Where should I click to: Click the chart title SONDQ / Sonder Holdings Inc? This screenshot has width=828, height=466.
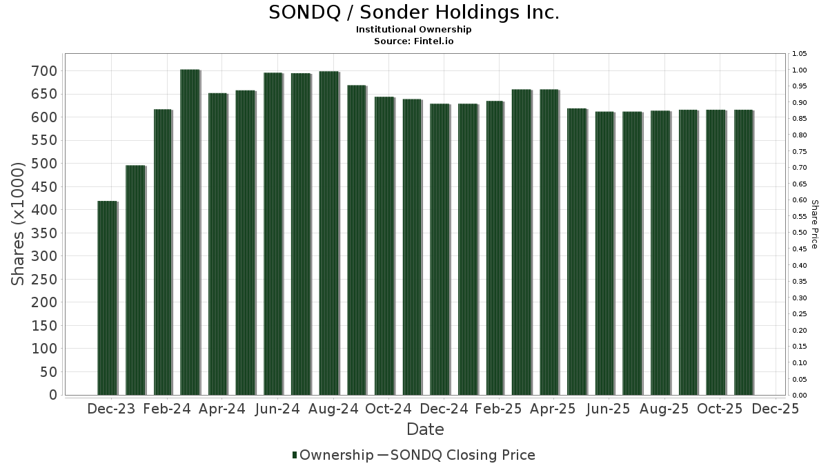click(x=413, y=12)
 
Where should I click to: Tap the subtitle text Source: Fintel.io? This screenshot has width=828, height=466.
click(x=413, y=41)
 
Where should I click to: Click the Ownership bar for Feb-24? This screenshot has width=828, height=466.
click(x=162, y=252)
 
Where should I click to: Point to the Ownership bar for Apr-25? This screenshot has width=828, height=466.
click(x=549, y=242)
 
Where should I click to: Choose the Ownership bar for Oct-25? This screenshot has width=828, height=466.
click(x=716, y=253)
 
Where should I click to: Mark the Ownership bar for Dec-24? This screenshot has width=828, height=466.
click(x=439, y=249)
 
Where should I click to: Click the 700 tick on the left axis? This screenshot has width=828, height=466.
click(x=43, y=71)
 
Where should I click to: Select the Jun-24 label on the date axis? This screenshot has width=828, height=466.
click(x=277, y=409)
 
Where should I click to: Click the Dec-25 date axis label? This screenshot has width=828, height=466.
click(x=775, y=409)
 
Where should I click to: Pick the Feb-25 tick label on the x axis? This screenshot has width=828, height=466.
click(x=498, y=409)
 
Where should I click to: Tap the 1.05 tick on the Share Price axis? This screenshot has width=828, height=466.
click(x=799, y=54)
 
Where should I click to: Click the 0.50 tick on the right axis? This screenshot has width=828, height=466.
click(x=799, y=233)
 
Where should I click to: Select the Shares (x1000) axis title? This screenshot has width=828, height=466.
click(x=19, y=224)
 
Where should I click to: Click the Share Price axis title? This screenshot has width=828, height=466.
click(x=814, y=224)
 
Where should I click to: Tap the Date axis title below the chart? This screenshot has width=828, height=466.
click(x=425, y=429)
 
